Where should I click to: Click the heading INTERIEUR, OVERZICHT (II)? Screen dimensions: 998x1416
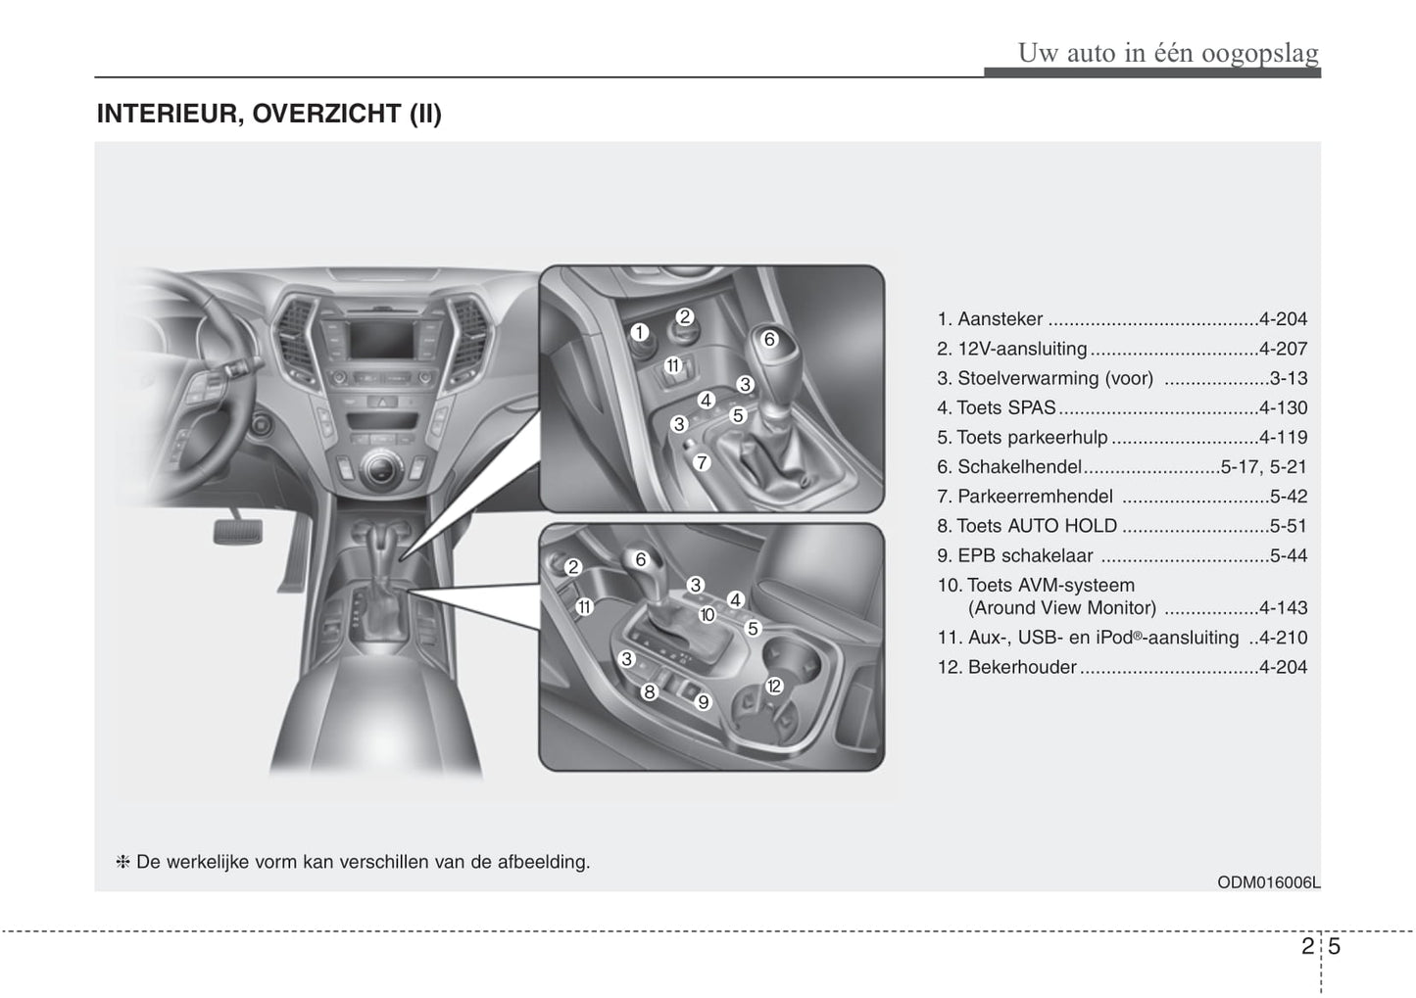(269, 115)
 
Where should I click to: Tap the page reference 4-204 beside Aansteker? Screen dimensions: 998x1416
(1283, 319)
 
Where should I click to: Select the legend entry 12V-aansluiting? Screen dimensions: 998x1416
(1021, 349)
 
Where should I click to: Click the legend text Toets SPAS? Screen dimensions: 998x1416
(1005, 407)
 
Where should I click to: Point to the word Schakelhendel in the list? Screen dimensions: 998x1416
(1019, 467)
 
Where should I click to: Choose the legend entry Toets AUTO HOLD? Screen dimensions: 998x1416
(1037, 526)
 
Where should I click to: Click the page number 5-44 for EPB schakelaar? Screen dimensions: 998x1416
(1288, 555)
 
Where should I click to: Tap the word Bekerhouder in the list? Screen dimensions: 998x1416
(1021, 667)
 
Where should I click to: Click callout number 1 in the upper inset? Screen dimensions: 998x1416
(639, 333)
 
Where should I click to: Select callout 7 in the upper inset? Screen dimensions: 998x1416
(702, 463)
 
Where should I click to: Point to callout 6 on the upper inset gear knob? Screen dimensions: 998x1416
(769, 339)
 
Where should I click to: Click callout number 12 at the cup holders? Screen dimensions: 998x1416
(774, 686)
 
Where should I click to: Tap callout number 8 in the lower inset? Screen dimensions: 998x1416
(649, 692)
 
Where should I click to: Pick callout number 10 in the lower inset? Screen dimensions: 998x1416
(708, 615)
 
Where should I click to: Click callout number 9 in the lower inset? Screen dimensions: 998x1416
(703, 701)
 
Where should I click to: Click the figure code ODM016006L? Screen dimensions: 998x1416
(1268, 881)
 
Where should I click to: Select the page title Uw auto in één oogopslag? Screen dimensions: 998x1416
(1168, 52)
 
